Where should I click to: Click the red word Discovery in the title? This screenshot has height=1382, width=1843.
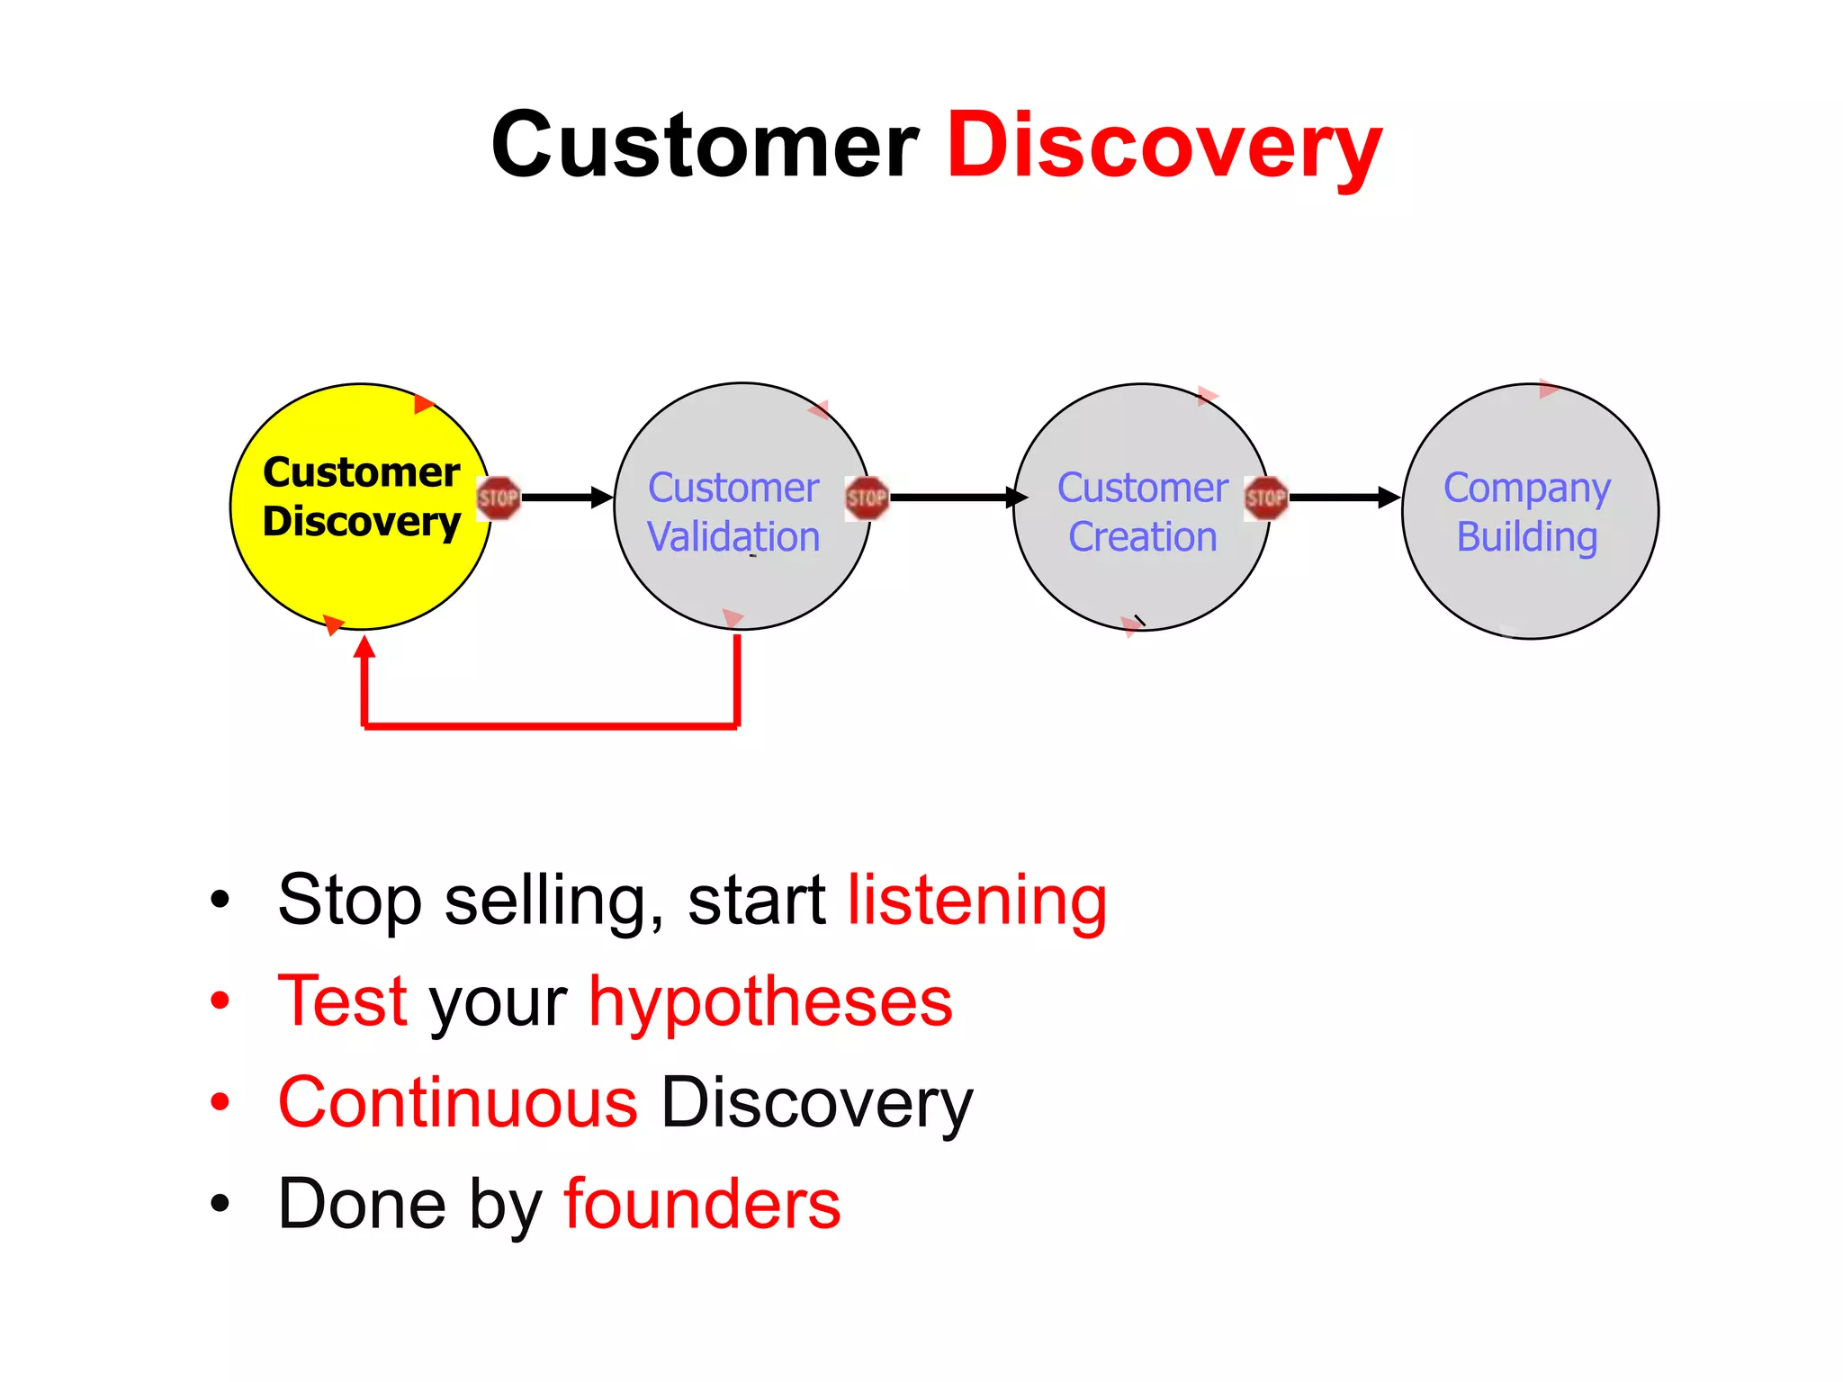pos(1164,147)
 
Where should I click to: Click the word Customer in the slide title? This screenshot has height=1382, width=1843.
pos(705,147)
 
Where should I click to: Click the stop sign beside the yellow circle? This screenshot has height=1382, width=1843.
pos(499,498)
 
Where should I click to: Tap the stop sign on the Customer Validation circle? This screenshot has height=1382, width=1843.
pos(867,498)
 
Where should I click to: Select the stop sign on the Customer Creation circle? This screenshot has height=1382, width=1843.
pos(1266,498)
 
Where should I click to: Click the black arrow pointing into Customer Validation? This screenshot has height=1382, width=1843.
pos(567,498)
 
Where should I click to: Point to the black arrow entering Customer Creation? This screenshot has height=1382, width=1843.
pos(958,498)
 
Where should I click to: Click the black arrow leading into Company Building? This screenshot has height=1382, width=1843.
pos(1344,498)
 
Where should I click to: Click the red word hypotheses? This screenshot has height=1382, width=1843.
pos(770,1002)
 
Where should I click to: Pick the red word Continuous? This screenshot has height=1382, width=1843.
pos(458,1103)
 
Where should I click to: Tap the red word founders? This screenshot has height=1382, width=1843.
pos(702,1205)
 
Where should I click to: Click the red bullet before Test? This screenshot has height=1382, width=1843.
pos(220,1001)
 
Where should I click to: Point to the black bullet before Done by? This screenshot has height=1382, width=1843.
pos(220,1204)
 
